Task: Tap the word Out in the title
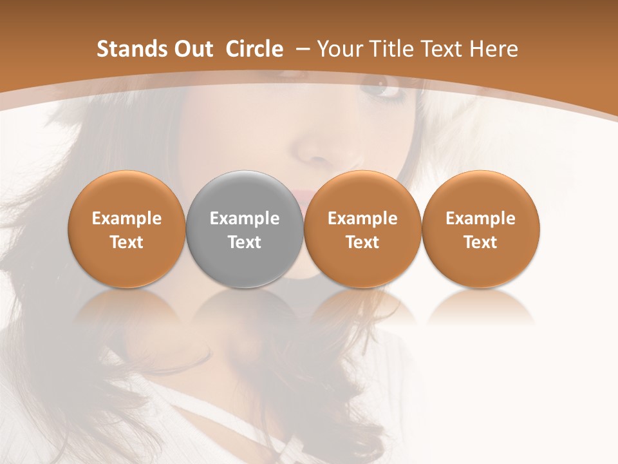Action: (191, 49)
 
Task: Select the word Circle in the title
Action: (254, 49)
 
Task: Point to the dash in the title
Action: (303, 50)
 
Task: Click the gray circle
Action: (245, 229)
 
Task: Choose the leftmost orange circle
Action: (127, 229)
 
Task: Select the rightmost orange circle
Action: (481, 229)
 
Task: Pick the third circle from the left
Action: (362, 229)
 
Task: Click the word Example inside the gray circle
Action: (245, 218)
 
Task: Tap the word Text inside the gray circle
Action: (245, 242)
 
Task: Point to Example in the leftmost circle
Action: (127, 218)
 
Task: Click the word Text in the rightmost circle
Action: (481, 242)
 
